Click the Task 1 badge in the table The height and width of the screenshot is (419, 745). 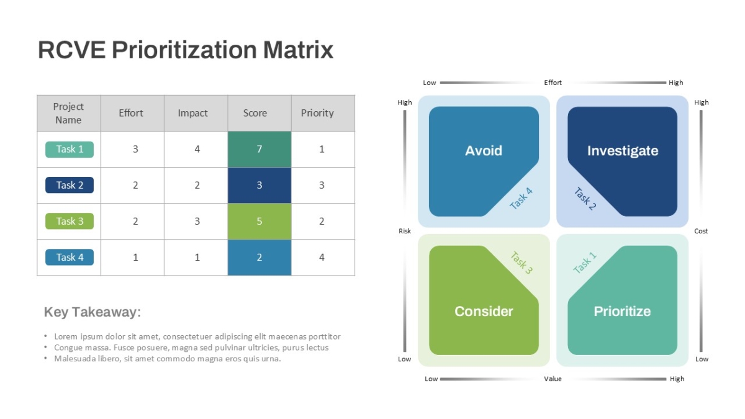pos(70,150)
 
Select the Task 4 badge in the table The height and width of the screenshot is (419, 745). pos(70,257)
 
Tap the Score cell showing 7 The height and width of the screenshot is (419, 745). pos(260,150)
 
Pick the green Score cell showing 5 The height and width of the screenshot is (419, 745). pos(260,221)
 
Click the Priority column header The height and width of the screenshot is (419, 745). pos(317,113)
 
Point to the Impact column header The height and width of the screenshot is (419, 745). pos(192,113)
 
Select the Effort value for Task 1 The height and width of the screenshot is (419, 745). pos(135,149)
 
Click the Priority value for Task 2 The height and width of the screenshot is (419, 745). pos(322,185)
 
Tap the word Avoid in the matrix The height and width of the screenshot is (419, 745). pos(484,151)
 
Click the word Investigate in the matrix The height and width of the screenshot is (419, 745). pos(623,151)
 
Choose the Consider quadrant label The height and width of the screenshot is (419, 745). pos(484,311)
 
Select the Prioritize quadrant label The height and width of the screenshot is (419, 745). pos(622,311)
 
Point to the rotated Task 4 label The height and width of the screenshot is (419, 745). pos(521,199)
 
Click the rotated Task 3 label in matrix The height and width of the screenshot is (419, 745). pos(521,263)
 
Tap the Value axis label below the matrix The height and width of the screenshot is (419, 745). pos(553,379)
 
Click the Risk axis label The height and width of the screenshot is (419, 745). pos(405,231)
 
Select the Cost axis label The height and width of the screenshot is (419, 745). pos(701,231)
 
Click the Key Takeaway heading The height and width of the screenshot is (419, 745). pos(93,312)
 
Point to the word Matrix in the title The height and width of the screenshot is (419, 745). pos(299,50)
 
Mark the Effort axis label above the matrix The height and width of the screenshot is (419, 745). pos(553,83)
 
